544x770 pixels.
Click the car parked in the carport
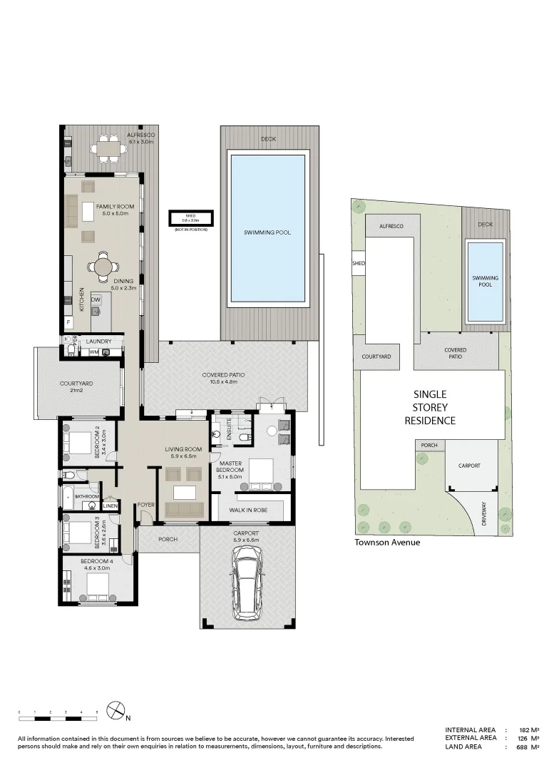tap(246, 587)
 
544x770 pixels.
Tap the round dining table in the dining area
tap(104, 267)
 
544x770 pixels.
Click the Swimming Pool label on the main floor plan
tap(267, 232)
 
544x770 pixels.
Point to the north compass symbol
tap(116, 710)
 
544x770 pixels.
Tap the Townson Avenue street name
tap(387, 542)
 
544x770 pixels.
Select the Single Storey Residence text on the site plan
tap(430, 407)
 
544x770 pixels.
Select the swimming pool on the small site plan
tap(485, 281)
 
